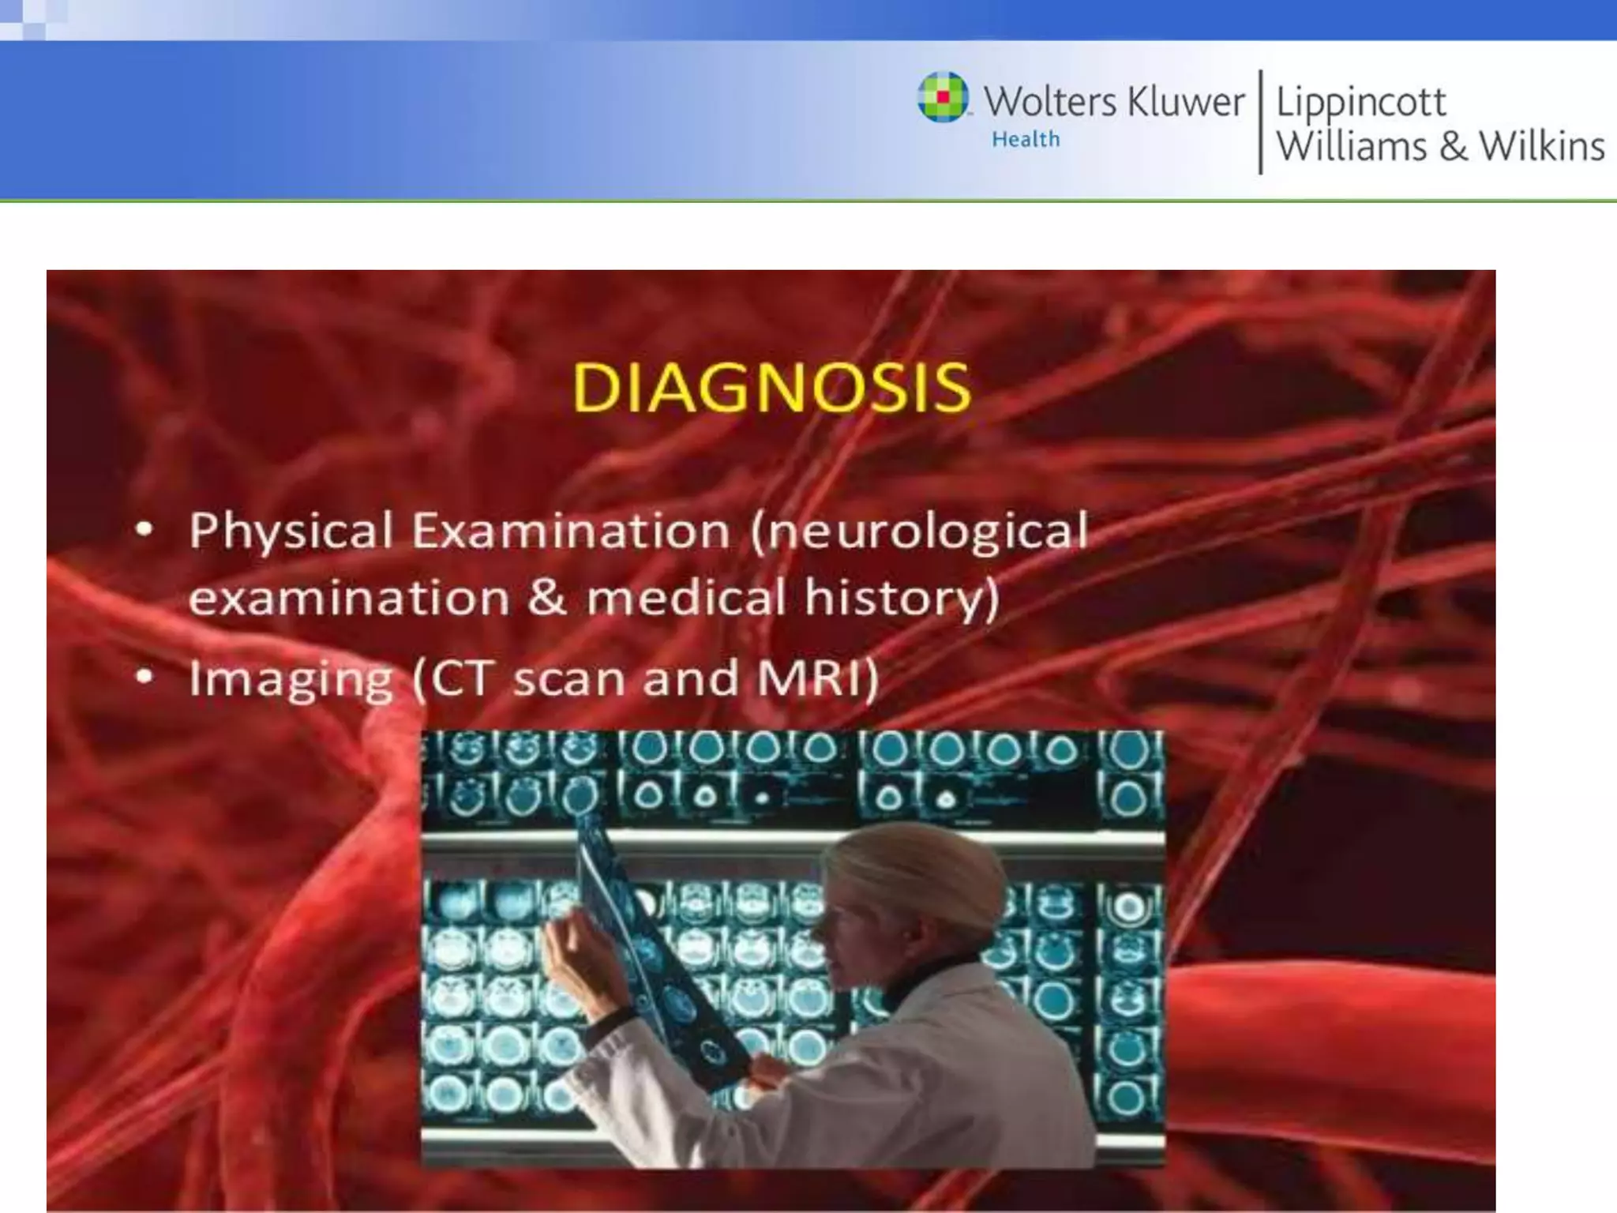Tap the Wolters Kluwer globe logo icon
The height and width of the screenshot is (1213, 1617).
(x=942, y=98)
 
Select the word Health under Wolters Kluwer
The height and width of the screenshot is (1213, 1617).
(x=1025, y=140)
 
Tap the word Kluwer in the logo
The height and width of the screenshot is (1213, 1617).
(x=1185, y=102)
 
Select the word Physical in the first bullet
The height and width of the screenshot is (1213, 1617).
(x=291, y=531)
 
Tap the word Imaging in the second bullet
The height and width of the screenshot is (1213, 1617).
(x=291, y=680)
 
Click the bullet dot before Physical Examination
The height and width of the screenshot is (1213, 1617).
(x=144, y=529)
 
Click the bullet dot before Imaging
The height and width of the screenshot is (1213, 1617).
(x=144, y=677)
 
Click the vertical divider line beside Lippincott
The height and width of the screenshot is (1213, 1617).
(x=1260, y=122)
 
